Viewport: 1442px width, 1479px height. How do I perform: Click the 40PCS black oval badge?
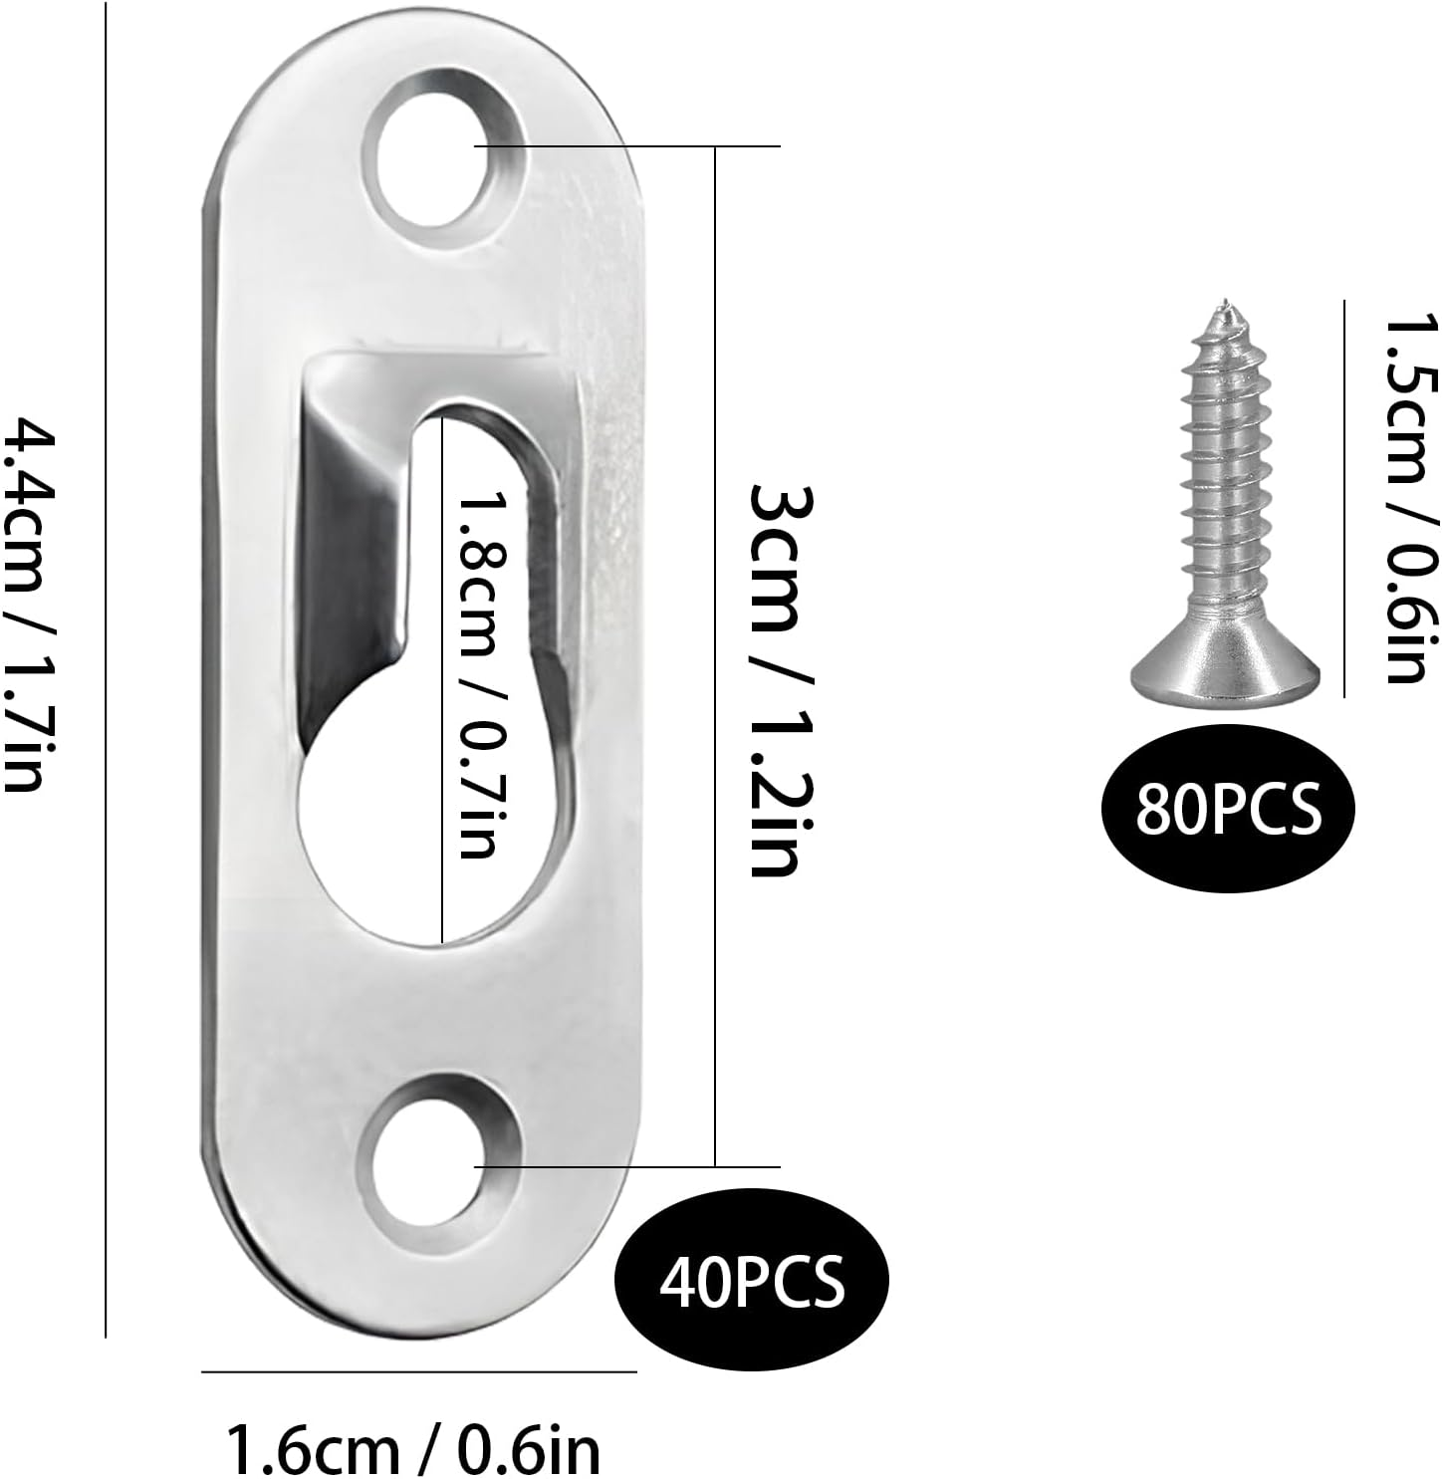tap(752, 1282)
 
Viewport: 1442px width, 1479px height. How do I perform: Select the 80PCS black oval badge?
tap(1228, 808)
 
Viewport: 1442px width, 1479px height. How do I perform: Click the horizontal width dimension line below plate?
tap(418, 1371)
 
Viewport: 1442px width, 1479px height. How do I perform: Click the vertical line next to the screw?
tap(1344, 498)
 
